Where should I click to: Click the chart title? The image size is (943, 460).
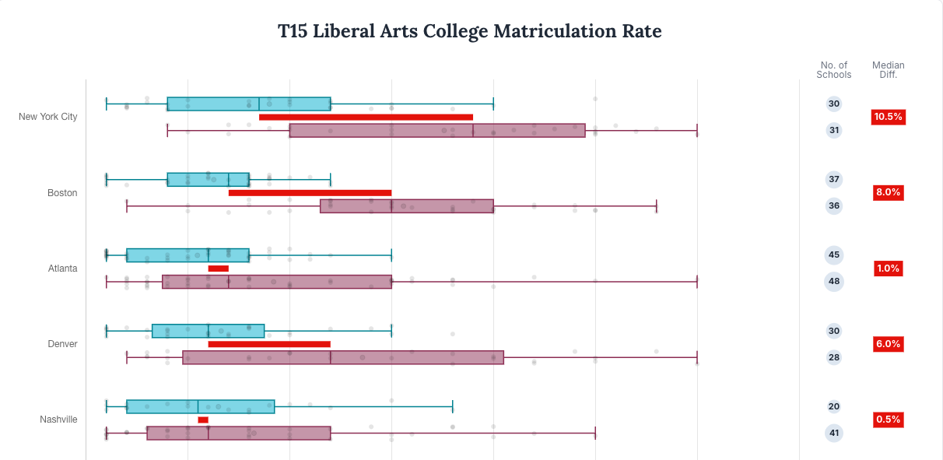470,31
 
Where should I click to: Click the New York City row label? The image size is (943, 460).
48,117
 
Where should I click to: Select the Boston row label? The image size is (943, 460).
62,192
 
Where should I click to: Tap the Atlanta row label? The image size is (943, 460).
62,269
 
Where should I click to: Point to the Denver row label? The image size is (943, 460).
62,344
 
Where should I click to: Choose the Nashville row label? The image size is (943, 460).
58,420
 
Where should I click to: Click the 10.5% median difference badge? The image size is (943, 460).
888,117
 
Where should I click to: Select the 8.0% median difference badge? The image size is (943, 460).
888,192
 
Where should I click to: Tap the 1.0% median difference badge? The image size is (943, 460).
888,269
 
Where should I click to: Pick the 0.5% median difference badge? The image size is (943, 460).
888,420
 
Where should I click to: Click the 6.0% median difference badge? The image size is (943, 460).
888,344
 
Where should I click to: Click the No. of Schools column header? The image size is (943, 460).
833,70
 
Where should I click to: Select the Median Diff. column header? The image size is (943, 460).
888,70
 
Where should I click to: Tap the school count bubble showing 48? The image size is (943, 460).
834,282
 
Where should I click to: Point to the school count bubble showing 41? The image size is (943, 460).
834,433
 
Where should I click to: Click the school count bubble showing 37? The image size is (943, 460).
834,180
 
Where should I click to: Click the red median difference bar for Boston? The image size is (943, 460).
310,192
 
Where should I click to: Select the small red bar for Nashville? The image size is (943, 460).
203,420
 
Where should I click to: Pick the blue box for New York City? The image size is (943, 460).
249,104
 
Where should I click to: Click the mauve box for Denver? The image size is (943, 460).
343,357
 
